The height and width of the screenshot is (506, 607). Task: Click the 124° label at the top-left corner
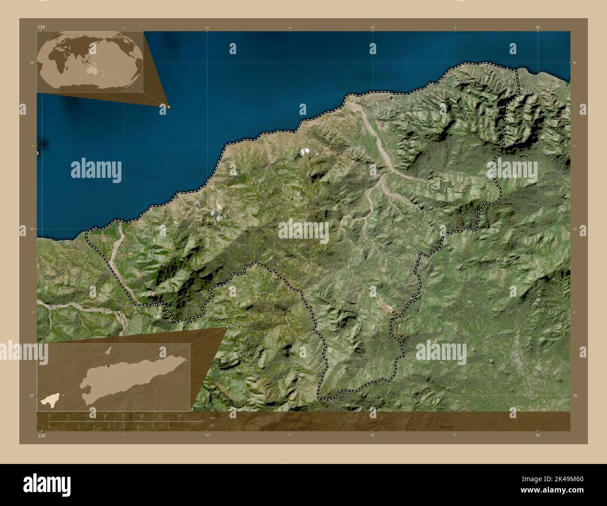click(x=42, y=28)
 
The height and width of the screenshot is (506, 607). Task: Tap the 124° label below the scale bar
click(x=42, y=436)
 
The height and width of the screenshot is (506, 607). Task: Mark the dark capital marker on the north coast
click(x=391, y=98)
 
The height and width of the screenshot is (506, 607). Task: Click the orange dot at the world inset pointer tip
click(x=169, y=107)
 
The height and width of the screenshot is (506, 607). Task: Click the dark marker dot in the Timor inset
click(x=108, y=366)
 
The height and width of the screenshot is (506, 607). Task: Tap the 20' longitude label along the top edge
click(x=372, y=28)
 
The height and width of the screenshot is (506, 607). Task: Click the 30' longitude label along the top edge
click(x=538, y=28)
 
